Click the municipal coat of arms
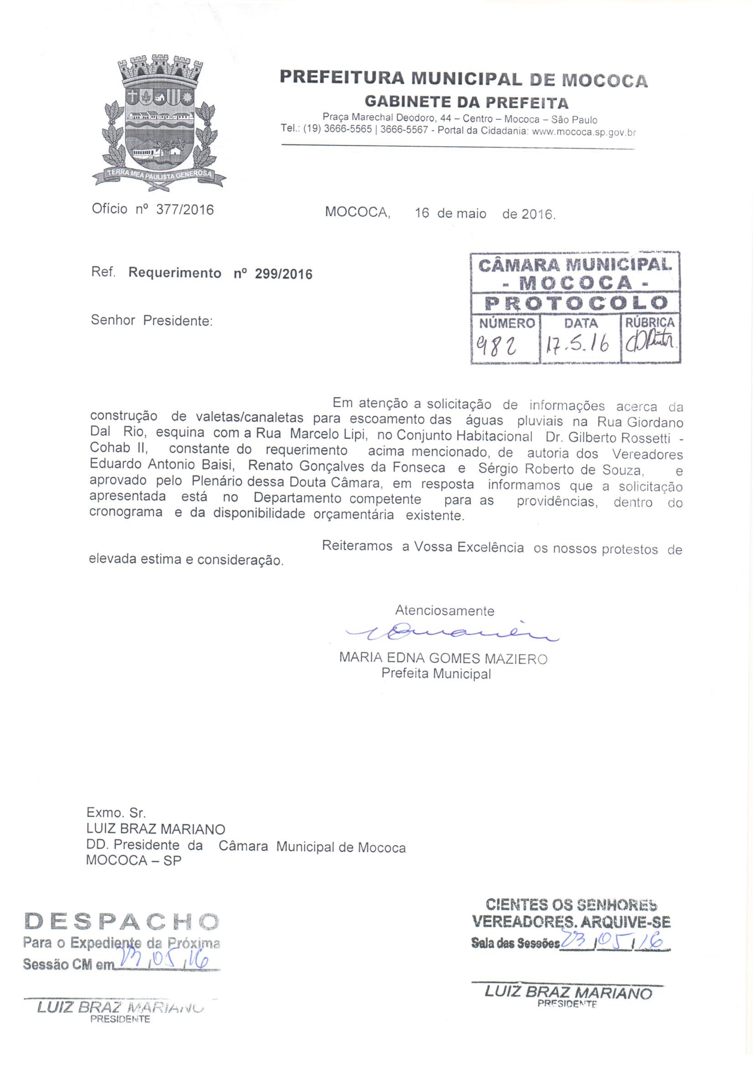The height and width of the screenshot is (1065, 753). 159,123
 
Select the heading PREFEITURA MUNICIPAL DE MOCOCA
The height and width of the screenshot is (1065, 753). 463,79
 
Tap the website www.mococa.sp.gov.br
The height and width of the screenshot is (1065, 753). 583,131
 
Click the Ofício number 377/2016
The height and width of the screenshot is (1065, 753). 184,210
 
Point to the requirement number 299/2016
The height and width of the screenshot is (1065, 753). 283,274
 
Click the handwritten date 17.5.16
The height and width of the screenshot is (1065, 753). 579,345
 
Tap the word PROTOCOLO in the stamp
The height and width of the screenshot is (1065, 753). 576,303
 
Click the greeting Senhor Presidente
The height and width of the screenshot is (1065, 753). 152,321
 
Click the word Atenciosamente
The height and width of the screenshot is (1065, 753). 445,610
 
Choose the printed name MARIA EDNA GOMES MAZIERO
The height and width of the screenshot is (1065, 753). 443,659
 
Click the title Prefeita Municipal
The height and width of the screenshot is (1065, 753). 436,674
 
